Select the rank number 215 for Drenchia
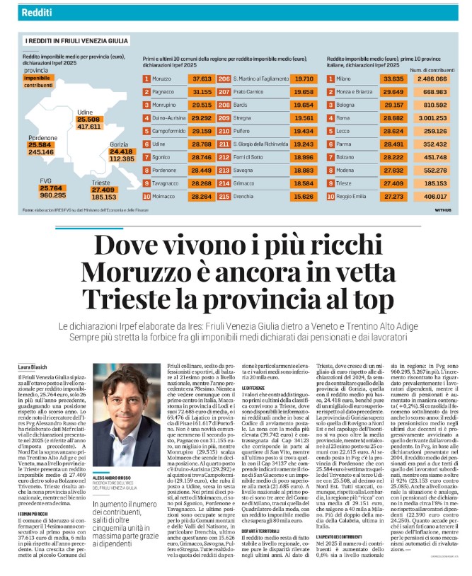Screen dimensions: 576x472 tap(224, 195)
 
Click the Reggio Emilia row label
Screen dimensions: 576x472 tap(357, 195)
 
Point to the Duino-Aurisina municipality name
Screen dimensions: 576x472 tap(170, 118)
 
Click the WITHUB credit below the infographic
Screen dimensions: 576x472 tap(442, 209)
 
